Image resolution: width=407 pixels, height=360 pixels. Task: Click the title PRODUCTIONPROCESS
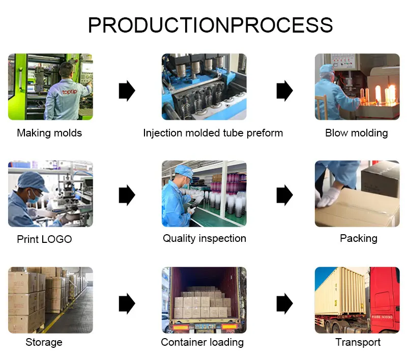click(x=210, y=25)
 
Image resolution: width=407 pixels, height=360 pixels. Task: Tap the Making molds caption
click(x=49, y=133)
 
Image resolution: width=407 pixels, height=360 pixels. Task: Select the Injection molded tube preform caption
click(x=213, y=133)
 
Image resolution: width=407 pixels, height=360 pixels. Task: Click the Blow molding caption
click(x=356, y=133)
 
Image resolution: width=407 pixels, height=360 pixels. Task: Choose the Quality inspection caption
click(x=204, y=238)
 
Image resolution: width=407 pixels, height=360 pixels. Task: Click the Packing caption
click(x=358, y=238)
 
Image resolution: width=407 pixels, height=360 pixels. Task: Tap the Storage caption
click(x=44, y=342)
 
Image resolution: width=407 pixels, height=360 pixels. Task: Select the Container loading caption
click(x=202, y=342)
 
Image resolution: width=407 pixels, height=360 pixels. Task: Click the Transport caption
click(x=358, y=342)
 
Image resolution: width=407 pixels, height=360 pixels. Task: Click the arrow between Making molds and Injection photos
click(x=127, y=91)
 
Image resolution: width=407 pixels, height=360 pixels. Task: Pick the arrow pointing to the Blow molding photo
click(x=284, y=91)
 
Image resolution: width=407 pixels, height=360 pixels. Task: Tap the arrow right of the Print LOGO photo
click(x=127, y=195)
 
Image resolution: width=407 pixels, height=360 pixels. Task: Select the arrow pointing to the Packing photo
click(x=284, y=195)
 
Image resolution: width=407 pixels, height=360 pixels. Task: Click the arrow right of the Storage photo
click(x=127, y=304)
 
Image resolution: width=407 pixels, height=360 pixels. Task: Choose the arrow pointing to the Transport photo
click(x=284, y=304)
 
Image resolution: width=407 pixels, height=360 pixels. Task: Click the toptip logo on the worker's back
click(x=70, y=92)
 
